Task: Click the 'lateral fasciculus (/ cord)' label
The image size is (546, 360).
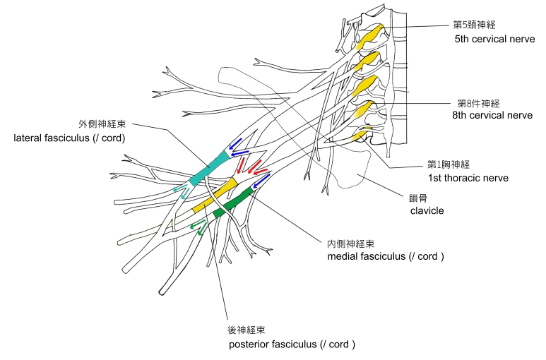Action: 69,138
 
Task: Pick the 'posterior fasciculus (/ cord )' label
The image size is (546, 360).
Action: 292,344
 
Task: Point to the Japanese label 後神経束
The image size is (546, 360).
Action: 247,330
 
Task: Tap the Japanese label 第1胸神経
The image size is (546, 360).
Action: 450,164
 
